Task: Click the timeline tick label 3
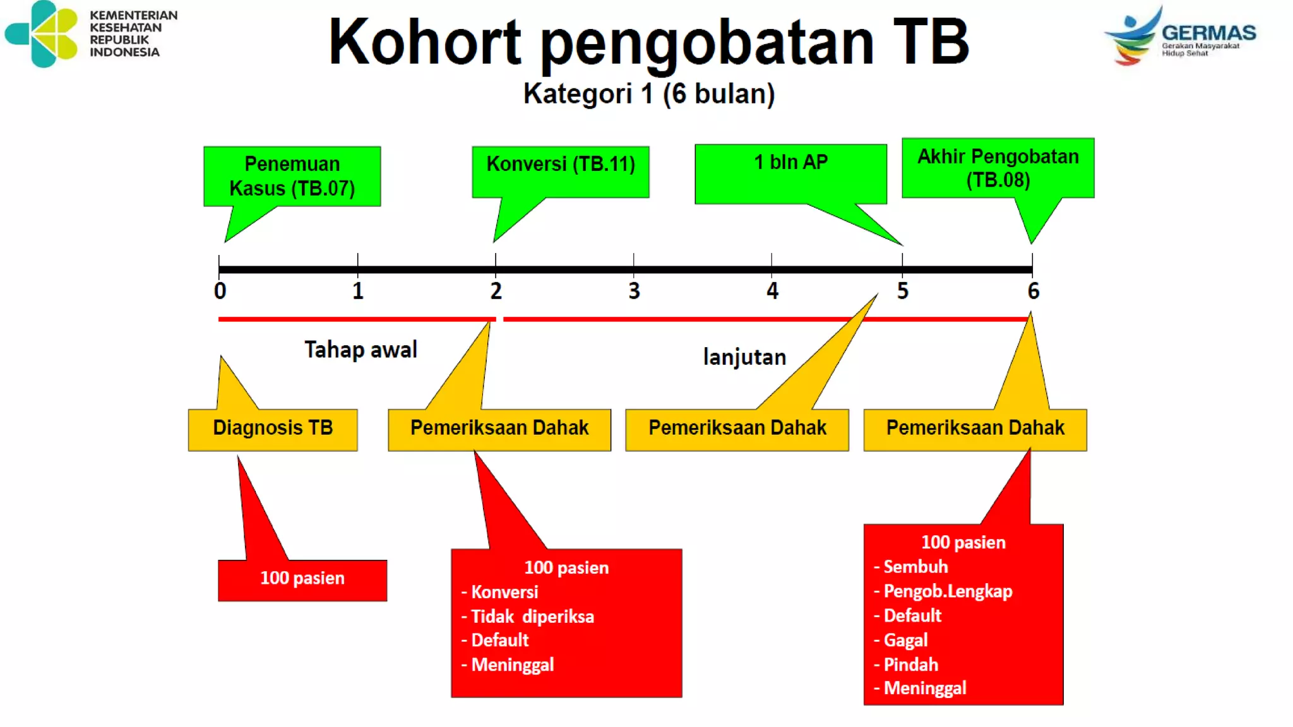point(634,291)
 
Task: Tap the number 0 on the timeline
point(220,291)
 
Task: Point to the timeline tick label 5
point(903,291)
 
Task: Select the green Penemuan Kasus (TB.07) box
point(292,176)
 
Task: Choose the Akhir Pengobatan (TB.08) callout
point(998,168)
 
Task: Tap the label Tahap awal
point(360,350)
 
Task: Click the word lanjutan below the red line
point(744,357)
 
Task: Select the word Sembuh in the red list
point(915,567)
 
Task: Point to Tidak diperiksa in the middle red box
point(532,617)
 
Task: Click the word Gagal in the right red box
point(905,640)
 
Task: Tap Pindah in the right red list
point(910,665)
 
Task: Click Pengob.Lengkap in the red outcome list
point(948,591)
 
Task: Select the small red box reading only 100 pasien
point(302,579)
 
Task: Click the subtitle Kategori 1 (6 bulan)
point(648,94)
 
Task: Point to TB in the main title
point(931,42)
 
